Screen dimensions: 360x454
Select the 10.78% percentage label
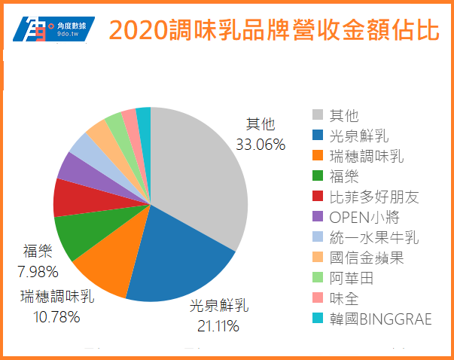click(x=56, y=316)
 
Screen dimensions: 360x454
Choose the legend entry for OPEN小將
click(x=361, y=218)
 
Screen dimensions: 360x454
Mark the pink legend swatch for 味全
click(x=318, y=299)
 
